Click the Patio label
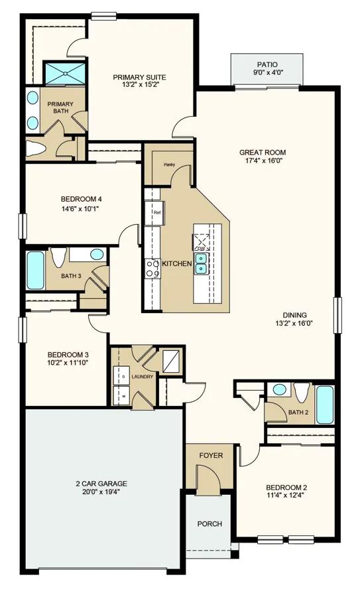click(267, 65)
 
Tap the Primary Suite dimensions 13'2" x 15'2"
click(139, 85)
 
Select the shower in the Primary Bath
click(66, 73)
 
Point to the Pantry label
click(169, 165)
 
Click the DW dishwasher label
click(201, 248)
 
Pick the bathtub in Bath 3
click(36, 271)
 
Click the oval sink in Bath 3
click(97, 254)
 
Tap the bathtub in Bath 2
click(325, 405)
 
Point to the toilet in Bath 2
click(302, 393)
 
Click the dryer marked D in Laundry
click(123, 376)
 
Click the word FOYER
click(211, 455)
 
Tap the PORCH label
click(210, 524)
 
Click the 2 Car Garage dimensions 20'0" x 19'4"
click(101, 492)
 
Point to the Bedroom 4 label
click(81, 199)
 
